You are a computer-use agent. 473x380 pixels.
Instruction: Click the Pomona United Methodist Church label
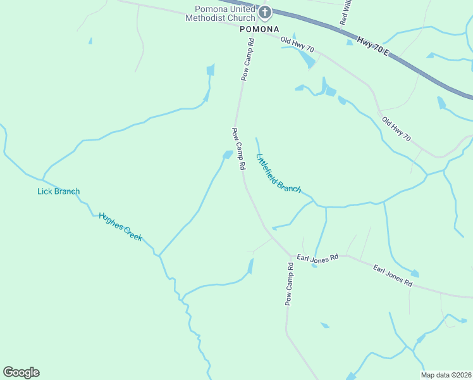point(219,14)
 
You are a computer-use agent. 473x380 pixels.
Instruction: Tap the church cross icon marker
point(265,12)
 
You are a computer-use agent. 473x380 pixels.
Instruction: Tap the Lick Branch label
point(58,191)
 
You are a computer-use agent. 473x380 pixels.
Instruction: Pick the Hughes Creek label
point(120,226)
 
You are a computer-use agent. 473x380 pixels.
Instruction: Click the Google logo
point(21,372)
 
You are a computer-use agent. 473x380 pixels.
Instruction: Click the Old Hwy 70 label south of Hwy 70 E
point(396,129)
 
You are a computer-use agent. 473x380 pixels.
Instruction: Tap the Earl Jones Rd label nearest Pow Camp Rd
point(318,258)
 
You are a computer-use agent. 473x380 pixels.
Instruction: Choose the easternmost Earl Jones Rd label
point(392,277)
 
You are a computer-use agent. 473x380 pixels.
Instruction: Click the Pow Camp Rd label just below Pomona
point(247,60)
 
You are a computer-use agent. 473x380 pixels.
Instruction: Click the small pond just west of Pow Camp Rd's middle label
point(226,155)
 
